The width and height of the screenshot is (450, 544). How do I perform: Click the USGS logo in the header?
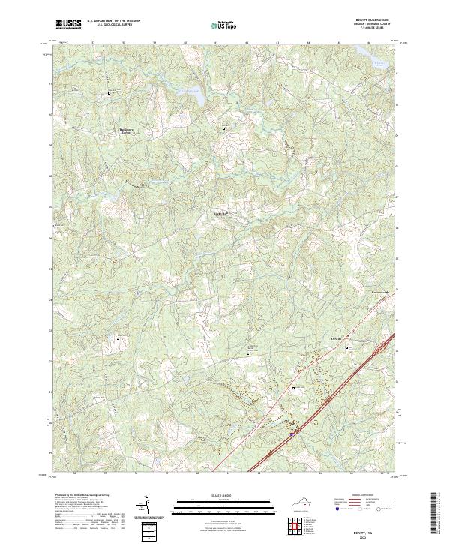(x=68, y=24)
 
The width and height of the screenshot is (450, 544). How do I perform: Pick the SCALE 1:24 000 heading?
(x=224, y=497)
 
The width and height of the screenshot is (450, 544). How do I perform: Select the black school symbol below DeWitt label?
(x=293, y=388)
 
